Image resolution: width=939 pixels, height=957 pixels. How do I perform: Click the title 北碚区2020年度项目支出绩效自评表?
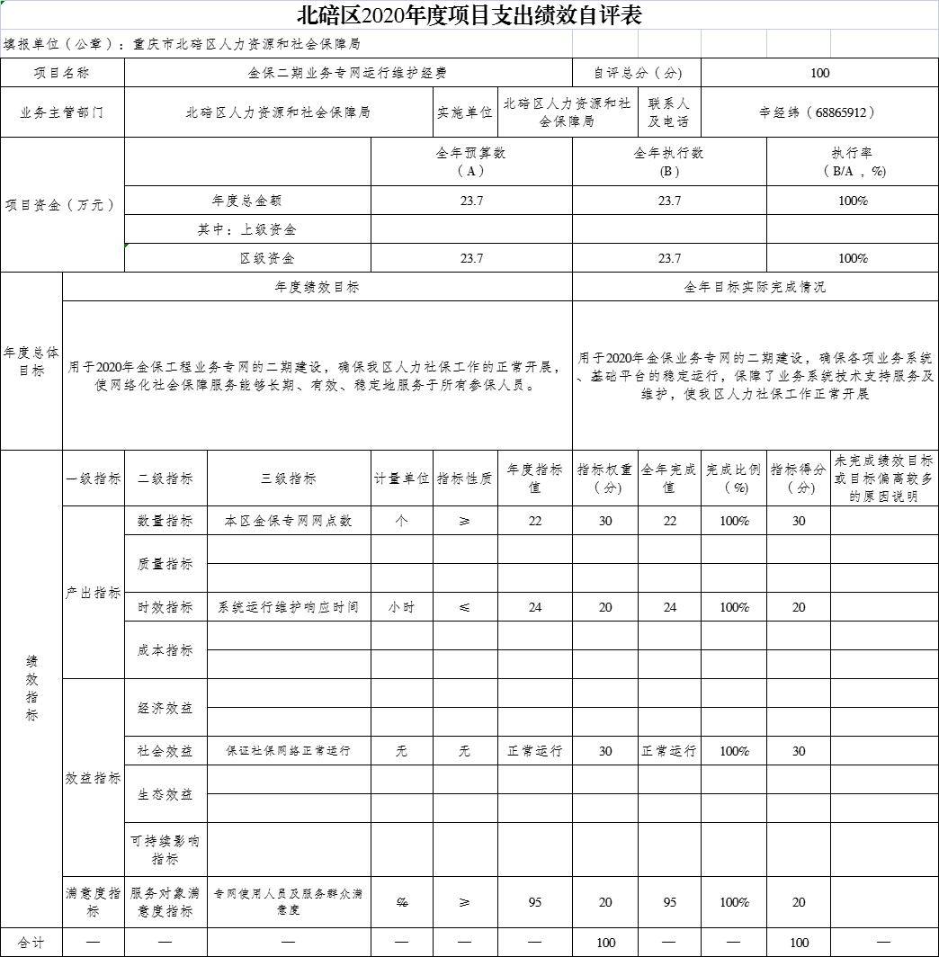pos(469,15)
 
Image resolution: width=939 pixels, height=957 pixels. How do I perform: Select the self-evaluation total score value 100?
pos(819,73)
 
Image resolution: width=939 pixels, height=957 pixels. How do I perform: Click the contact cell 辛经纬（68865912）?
pos(818,112)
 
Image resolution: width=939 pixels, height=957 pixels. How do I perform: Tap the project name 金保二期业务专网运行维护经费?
pos(347,73)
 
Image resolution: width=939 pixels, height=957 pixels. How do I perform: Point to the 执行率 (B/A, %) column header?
pos(852,162)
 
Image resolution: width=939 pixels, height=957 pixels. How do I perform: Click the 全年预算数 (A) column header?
pos(470,162)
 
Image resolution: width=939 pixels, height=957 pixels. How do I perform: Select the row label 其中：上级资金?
pos(247,229)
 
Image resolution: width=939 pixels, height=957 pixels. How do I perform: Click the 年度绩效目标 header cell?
pos(317,287)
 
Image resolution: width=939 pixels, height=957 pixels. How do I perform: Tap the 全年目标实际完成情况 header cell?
pos(755,287)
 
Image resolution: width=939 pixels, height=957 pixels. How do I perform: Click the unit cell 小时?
pos(401,607)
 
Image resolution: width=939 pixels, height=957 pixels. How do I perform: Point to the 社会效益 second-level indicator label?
pos(165,751)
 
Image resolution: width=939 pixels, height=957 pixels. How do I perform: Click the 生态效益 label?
pos(165,794)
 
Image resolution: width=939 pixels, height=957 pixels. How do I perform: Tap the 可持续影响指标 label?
pos(165,850)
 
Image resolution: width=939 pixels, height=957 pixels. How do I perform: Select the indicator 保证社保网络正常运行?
pos(288,751)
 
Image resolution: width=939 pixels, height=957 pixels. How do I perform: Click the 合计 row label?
pos(31,943)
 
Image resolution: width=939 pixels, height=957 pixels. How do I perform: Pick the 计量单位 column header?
pos(401,478)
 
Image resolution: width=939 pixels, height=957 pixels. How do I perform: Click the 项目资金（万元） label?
pos(61,205)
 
